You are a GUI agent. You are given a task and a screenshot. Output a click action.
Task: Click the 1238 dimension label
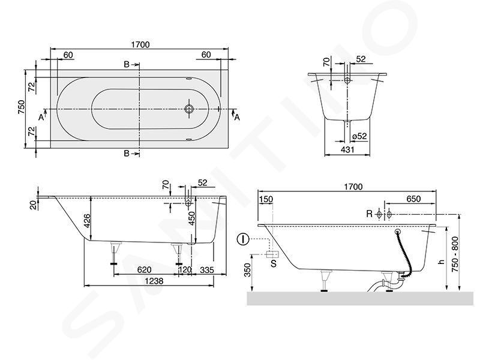154,281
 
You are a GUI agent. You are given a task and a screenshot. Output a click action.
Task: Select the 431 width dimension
347,149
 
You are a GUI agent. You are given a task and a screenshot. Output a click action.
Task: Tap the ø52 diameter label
359,136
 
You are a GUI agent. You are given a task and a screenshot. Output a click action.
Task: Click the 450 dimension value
191,218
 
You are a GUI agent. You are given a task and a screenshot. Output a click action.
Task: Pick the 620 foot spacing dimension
144,269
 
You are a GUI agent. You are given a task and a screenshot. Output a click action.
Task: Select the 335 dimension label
207,269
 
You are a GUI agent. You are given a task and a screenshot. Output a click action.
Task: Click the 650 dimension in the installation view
413,199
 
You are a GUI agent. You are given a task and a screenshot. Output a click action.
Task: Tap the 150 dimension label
266,199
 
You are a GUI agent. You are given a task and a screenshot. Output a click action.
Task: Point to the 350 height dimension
247,270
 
